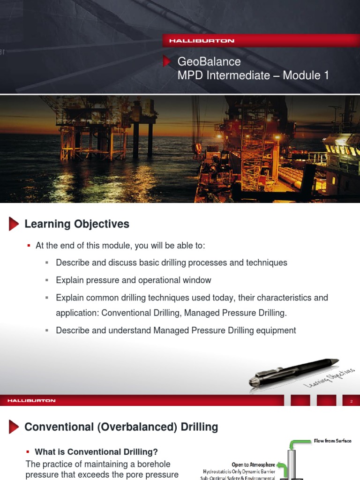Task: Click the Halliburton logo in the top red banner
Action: pos(202,41)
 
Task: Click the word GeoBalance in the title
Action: pos(209,61)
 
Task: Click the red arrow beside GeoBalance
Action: pos(166,61)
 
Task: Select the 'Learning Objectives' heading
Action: pos(77,224)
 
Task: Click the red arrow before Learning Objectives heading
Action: pos(14,224)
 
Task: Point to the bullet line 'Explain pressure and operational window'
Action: pos(133,280)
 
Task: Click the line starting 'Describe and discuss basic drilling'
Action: pos(171,262)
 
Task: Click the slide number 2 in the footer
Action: pos(351,401)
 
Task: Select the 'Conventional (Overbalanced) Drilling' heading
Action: pos(121,427)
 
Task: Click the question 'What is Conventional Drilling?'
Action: pos(96,452)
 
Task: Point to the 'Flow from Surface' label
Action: pos(332,441)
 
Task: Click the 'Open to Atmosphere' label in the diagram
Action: pos(253,465)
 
